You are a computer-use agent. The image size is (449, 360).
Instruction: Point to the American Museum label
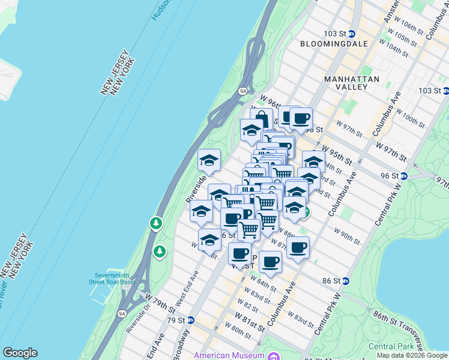[229, 355]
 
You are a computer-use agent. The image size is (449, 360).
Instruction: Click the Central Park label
[390, 346]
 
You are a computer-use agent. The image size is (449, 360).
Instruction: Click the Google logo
[20, 353]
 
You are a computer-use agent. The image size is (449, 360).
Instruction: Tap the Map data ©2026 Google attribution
[412, 355]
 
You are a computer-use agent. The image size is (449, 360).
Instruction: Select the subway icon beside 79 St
[191, 320]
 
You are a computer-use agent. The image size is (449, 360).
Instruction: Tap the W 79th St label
[159, 302]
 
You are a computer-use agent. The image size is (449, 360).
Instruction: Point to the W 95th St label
[336, 152]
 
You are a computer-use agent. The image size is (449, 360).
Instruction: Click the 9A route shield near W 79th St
[122, 313]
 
